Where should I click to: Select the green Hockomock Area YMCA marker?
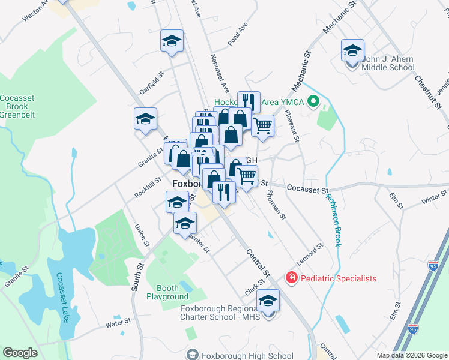coord(312,102)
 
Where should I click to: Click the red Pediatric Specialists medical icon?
coord(291,278)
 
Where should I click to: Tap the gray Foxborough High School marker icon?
coord(192,355)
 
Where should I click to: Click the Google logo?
coord(20,352)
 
